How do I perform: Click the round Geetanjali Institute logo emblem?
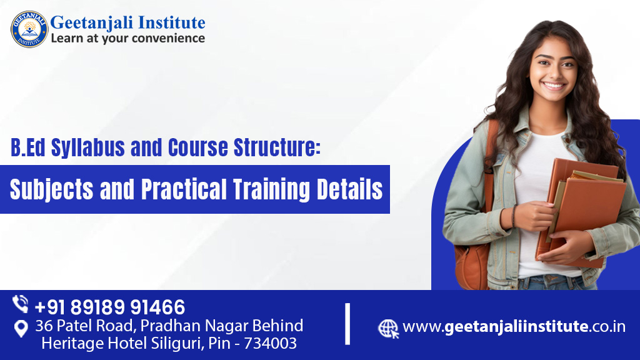pos(29,29)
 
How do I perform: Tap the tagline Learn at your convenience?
pos(127,38)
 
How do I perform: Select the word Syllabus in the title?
pos(87,147)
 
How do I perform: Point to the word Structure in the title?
pos(276,147)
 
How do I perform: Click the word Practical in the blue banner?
pos(184,189)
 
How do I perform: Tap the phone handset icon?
pos(20,304)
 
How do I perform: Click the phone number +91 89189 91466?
pos(110,307)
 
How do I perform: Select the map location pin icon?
pos(21,328)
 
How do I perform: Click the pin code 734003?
pos(270,343)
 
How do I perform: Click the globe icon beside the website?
pos(387,329)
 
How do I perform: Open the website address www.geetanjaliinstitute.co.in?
pos(514,326)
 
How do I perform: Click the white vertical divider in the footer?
pos(347,324)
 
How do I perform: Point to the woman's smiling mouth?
pos(554,86)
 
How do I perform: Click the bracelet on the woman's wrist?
pos(514,216)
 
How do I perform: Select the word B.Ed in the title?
pos(27,147)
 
